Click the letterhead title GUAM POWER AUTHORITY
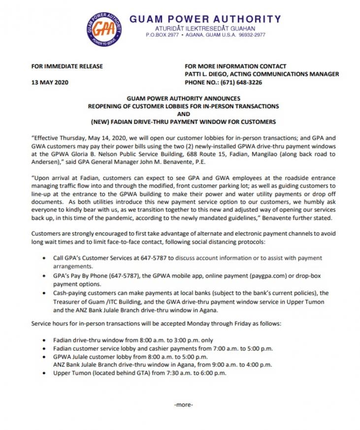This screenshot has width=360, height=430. pos(205,19)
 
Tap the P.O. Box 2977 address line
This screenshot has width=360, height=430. pos(205,36)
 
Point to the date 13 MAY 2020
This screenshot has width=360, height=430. pos(50,82)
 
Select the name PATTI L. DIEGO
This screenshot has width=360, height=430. pos(207,74)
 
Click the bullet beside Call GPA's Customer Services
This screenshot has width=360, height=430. pos(45,258)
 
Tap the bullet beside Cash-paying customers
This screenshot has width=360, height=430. pos(45,293)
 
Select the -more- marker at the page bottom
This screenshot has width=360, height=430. pos(184,405)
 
